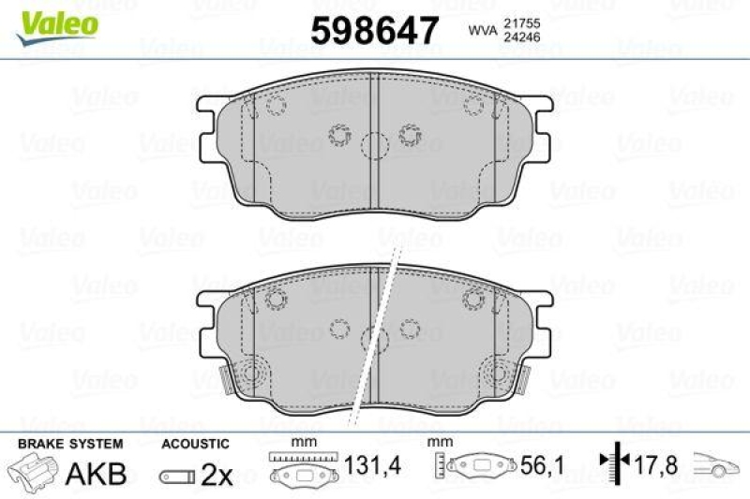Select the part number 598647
point(374,30)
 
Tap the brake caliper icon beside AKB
point(33,472)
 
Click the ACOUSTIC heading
point(194,444)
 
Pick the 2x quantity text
point(217,475)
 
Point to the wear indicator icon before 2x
point(175,477)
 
